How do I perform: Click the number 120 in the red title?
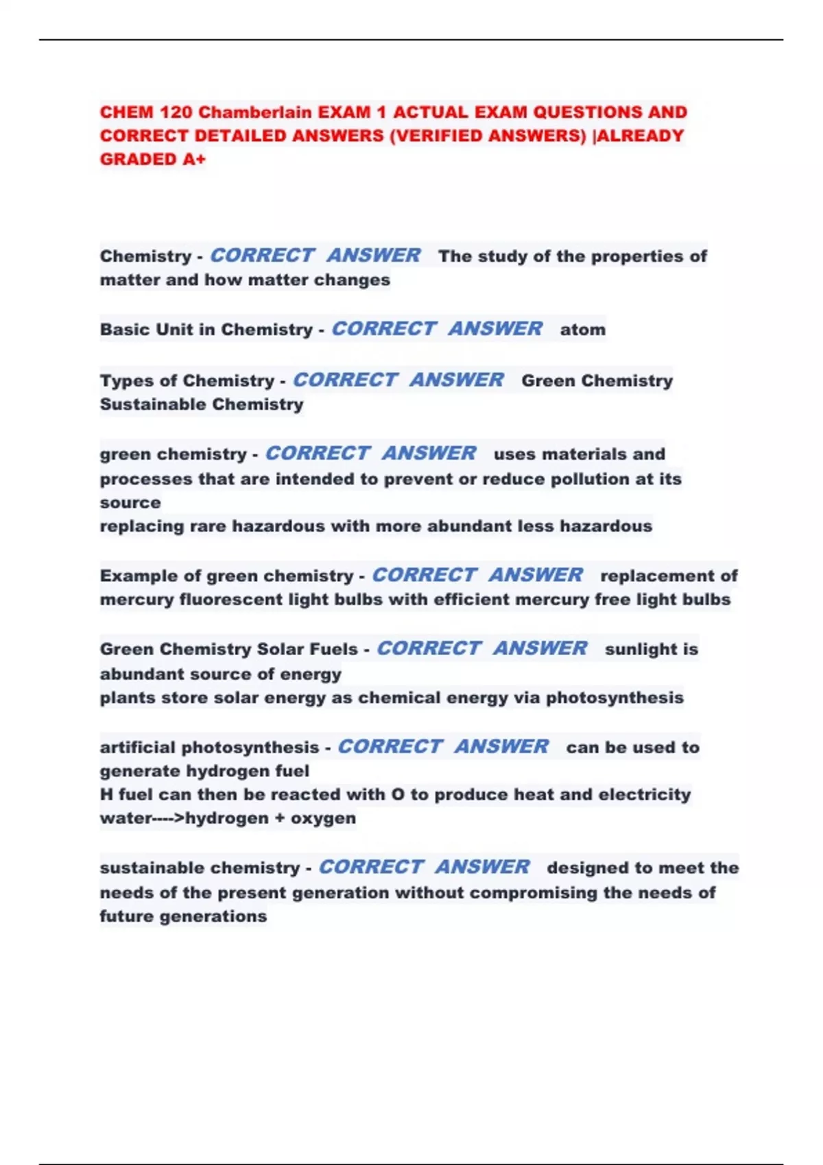176,112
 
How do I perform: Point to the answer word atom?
583,330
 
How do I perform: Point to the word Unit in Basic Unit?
175,330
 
